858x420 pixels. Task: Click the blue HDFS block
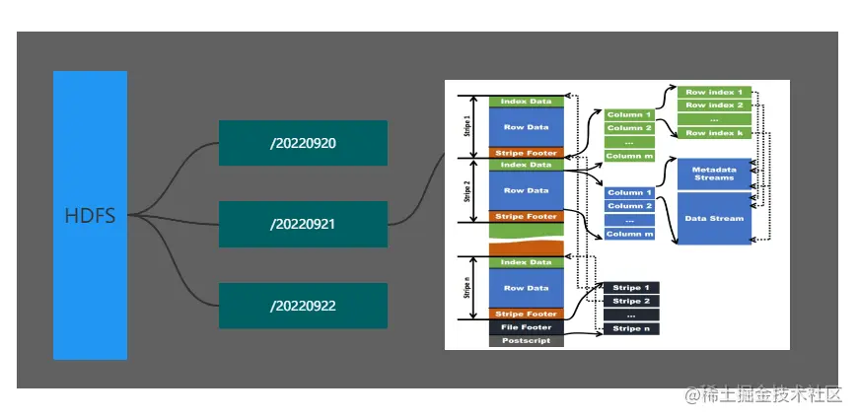point(90,215)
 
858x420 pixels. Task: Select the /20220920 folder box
point(303,143)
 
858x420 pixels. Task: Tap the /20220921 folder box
point(303,224)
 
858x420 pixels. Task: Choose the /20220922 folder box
point(303,306)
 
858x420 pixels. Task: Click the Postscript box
point(526,341)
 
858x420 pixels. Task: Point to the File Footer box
point(526,327)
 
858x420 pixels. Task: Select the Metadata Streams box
point(713,174)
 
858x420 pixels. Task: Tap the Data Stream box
point(713,218)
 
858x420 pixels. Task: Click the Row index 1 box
point(713,92)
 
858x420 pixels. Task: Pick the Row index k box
point(713,132)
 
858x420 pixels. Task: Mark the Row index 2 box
point(713,105)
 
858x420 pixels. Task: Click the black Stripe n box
point(631,328)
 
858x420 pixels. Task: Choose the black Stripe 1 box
point(631,287)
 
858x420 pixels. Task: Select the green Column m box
point(629,156)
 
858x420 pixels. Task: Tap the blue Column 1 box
point(629,192)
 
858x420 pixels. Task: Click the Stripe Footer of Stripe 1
point(526,153)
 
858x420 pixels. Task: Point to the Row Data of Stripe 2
point(526,190)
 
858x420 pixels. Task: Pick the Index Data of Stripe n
point(526,262)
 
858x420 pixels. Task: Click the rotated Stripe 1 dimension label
point(466,126)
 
